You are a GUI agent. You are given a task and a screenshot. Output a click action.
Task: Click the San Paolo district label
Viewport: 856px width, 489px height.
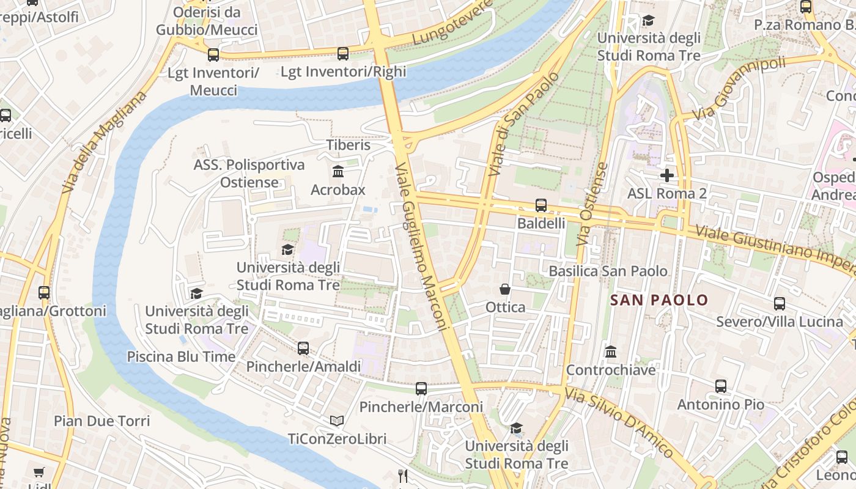point(659,300)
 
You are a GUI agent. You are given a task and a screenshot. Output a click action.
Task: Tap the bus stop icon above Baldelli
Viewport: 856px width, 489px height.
point(541,205)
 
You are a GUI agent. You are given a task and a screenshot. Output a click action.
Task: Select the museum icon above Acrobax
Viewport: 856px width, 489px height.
point(338,171)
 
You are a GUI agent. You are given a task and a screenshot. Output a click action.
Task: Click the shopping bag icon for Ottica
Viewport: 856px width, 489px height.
point(505,289)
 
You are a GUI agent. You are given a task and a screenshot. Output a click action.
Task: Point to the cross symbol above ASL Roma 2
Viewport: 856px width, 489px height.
point(667,176)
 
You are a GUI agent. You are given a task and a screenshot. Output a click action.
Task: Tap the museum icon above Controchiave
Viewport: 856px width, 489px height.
point(610,351)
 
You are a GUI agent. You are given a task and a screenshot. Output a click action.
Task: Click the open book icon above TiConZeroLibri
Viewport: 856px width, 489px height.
point(337,421)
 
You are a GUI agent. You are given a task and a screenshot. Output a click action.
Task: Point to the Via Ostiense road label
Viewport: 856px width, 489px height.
point(592,204)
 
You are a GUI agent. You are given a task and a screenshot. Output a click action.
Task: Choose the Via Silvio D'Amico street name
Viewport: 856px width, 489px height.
point(619,422)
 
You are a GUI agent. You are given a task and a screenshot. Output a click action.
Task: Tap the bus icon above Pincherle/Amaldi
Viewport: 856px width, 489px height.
point(303,348)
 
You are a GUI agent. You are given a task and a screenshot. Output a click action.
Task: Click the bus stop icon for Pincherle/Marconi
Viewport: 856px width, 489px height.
point(421,389)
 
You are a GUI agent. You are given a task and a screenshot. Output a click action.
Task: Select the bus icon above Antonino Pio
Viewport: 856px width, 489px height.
point(721,386)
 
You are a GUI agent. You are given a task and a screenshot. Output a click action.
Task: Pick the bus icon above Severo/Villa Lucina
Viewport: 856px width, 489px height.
point(780,303)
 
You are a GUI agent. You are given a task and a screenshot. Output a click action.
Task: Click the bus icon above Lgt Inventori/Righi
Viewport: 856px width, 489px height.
point(343,54)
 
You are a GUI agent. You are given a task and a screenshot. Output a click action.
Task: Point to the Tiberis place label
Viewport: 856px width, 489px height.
point(349,145)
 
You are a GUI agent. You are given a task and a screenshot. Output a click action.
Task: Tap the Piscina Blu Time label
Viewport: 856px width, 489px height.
point(181,356)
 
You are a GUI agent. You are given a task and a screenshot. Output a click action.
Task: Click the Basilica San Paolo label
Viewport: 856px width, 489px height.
point(608,271)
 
